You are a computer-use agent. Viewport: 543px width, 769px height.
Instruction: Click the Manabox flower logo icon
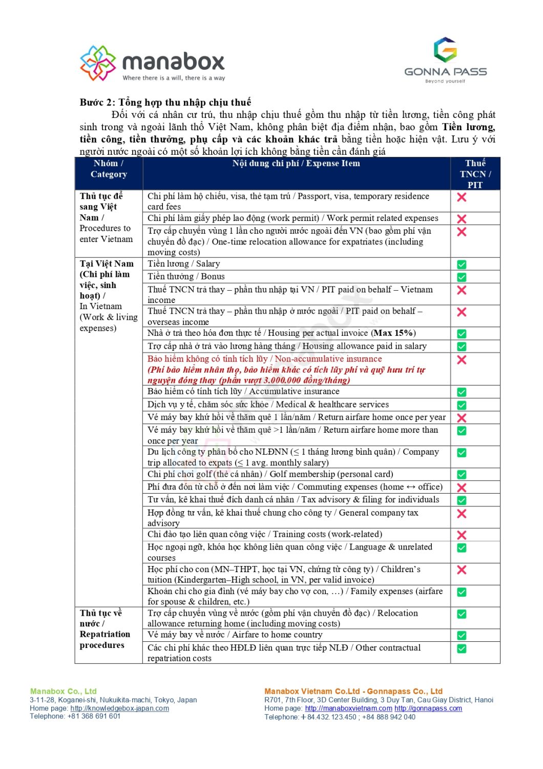click(98, 63)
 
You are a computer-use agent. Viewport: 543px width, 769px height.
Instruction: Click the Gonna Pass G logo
click(445, 50)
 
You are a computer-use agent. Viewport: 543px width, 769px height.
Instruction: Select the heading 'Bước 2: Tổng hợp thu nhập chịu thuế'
click(165, 102)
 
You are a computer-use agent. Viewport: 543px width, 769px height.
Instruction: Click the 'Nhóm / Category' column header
click(109, 169)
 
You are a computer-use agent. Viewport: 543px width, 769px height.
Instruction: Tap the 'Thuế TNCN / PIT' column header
click(475, 174)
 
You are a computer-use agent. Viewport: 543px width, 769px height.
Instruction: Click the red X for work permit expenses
click(462, 219)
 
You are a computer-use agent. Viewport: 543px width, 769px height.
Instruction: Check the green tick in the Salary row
click(462, 265)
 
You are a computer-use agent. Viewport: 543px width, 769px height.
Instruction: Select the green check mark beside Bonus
click(462, 277)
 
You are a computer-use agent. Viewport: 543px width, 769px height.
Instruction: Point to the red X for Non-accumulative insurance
click(462, 360)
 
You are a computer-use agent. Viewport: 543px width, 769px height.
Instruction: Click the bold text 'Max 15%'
click(393, 333)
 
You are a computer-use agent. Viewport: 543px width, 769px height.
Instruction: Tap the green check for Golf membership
click(462, 475)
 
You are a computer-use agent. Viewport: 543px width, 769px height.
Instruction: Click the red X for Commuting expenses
click(462, 488)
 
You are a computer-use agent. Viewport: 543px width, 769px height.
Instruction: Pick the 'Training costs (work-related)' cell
click(265, 534)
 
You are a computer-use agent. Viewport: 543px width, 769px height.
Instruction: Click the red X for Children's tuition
click(462, 570)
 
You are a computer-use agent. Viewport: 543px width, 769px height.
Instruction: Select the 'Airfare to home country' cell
click(235, 635)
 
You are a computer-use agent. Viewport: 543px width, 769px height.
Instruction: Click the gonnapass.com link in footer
click(428, 708)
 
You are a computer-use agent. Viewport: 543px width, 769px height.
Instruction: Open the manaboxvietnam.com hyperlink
click(348, 708)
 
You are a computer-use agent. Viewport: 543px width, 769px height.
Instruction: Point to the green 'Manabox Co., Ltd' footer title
click(63, 691)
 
